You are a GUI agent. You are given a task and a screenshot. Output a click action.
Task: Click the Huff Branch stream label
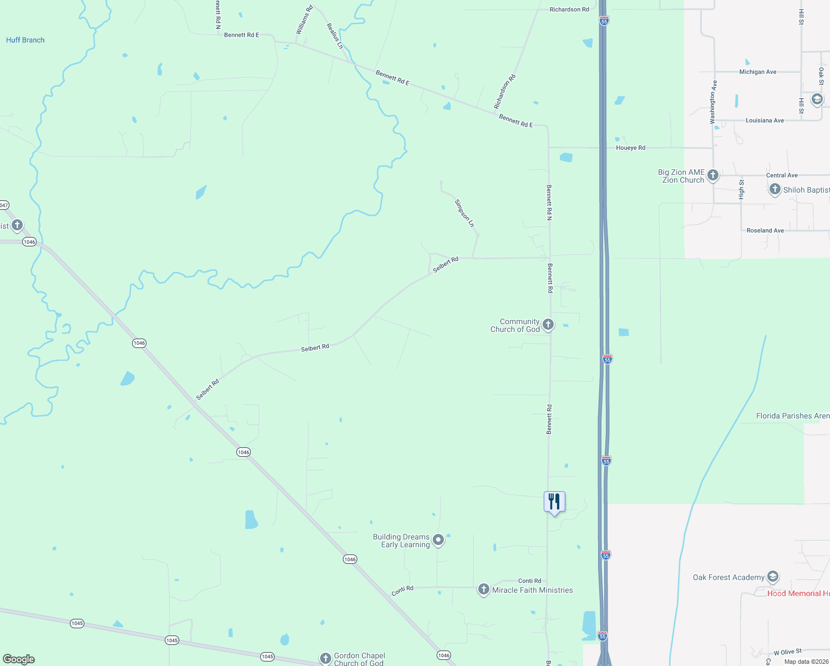[25, 40]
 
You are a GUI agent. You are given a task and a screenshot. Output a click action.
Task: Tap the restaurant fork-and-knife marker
[554, 502]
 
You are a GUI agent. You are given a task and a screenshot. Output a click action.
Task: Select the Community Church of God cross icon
[548, 325]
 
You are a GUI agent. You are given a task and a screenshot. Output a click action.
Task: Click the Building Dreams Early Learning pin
[438, 540]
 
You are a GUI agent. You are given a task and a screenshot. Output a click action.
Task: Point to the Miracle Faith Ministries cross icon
[484, 589]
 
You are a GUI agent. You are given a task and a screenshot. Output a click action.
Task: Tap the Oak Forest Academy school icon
[773, 577]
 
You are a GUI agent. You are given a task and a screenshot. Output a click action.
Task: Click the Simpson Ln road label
[465, 213]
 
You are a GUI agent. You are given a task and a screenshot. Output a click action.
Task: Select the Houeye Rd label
[630, 148]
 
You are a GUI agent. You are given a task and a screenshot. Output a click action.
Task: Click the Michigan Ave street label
[757, 72]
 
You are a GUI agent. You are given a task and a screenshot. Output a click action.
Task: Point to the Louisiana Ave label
[765, 120]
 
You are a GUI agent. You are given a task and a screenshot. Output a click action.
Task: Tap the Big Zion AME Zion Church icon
[713, 175]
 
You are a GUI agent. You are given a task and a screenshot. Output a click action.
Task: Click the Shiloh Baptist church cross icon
[775, 189]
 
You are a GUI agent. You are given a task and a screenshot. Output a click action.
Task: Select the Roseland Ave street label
[765, 230]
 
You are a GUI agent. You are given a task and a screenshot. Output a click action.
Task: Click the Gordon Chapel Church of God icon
[326, 658]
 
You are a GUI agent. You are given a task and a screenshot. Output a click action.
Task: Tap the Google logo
[19, 659]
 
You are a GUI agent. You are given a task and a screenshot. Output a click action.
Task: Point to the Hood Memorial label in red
[798, 593]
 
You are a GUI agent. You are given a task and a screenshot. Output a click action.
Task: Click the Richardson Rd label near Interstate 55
[569, 9]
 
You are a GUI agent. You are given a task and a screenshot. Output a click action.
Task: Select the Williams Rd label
[304, 20]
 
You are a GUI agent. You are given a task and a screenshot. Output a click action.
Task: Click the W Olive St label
[788, 652]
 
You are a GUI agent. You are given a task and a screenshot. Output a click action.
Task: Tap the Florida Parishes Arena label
[793, 416]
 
